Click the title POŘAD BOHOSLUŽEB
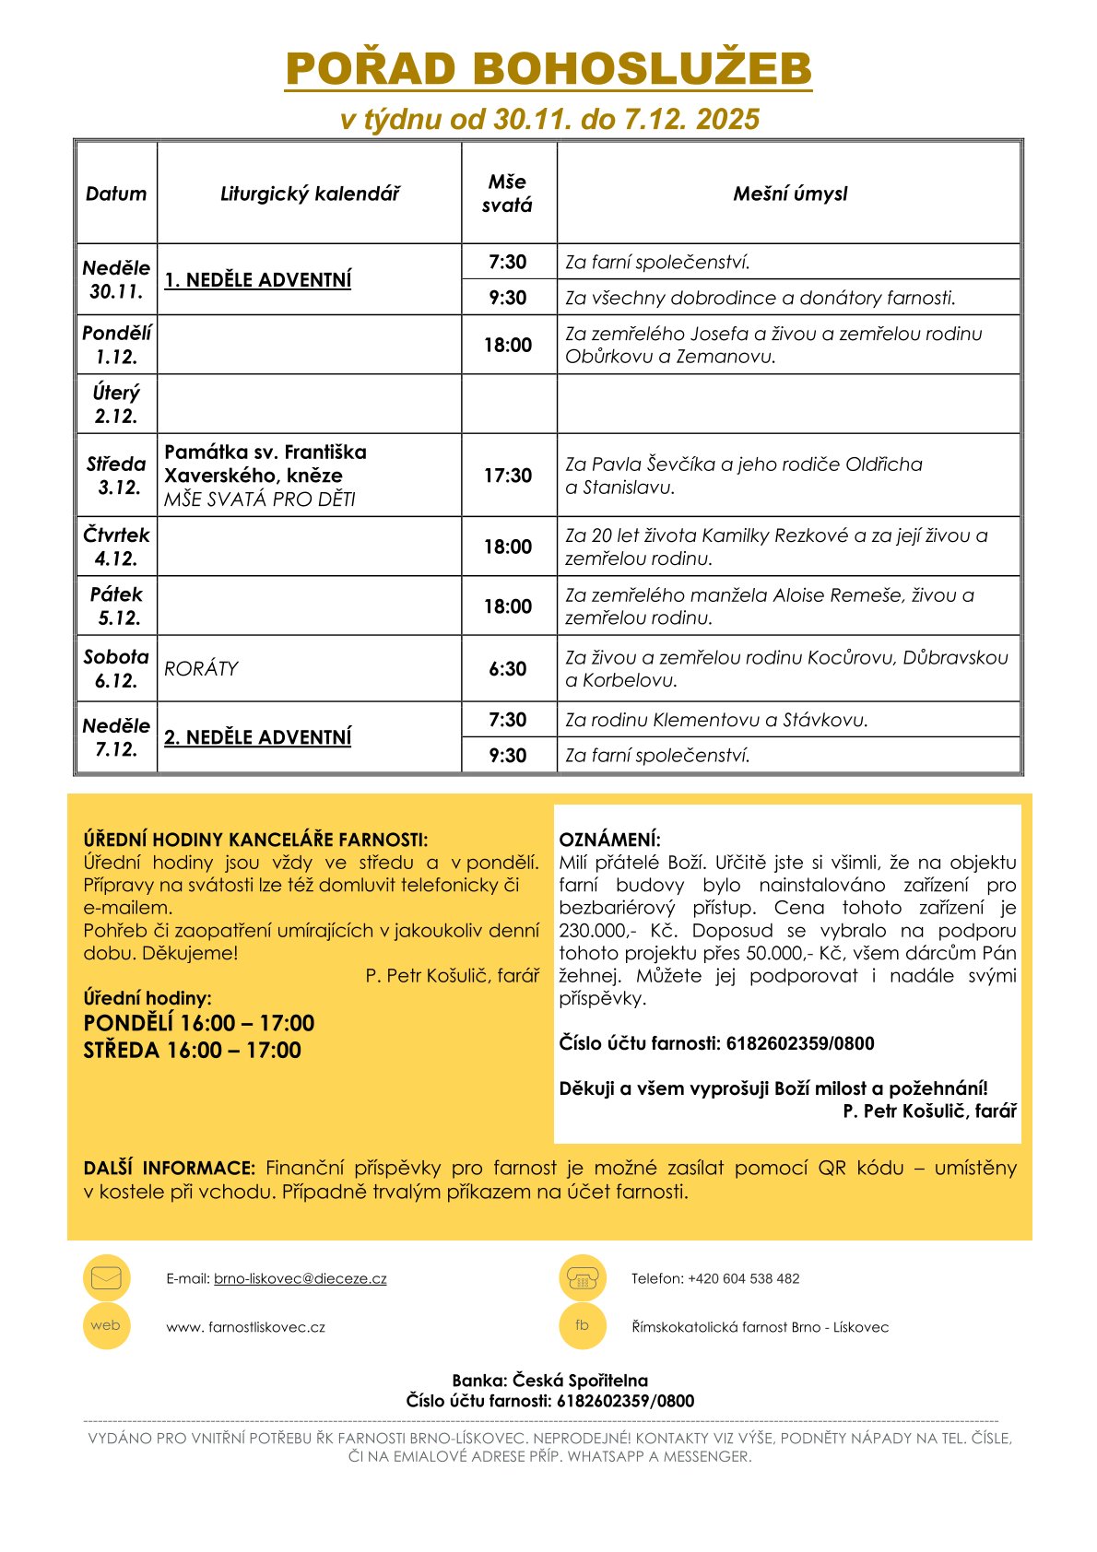(548, 69)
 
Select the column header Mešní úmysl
(790, 194)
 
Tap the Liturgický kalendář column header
(310, 194)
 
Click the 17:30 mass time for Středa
(508, 476)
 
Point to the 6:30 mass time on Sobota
(508, 669)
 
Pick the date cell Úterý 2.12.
(116, 405)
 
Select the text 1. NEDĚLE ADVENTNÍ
(258, 279)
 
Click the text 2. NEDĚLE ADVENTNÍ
(258, 737)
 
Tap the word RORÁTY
(202, 669)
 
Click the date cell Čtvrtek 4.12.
(116, 547)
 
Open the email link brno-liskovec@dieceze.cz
(301, 1279)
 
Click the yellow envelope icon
(107, 1278)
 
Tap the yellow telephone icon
(583, 1278)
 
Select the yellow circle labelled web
(107, 1326)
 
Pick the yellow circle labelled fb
(583, 1326)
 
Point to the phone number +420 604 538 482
(744, 1279)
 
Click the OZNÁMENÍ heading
(610, 840)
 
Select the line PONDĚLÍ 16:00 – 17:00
(199, 1024)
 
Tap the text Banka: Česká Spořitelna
(550, 1381)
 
